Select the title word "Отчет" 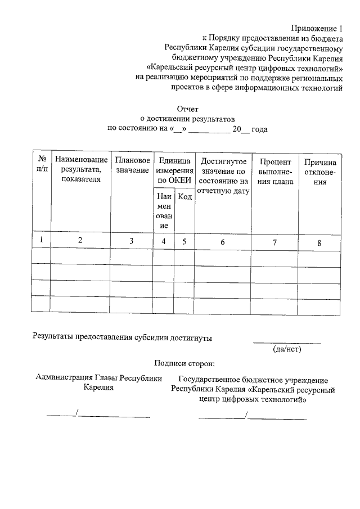click(187, 109)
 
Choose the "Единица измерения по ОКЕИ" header click(174, 170)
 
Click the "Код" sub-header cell click(184, 197)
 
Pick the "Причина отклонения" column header click(320, 171)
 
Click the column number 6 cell click(223, 242)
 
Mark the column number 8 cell click(319, 243)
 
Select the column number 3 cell click(131, 241)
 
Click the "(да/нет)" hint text click(287, 349)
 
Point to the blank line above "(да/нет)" click(287, 341)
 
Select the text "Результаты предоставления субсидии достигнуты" click(122, 337)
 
